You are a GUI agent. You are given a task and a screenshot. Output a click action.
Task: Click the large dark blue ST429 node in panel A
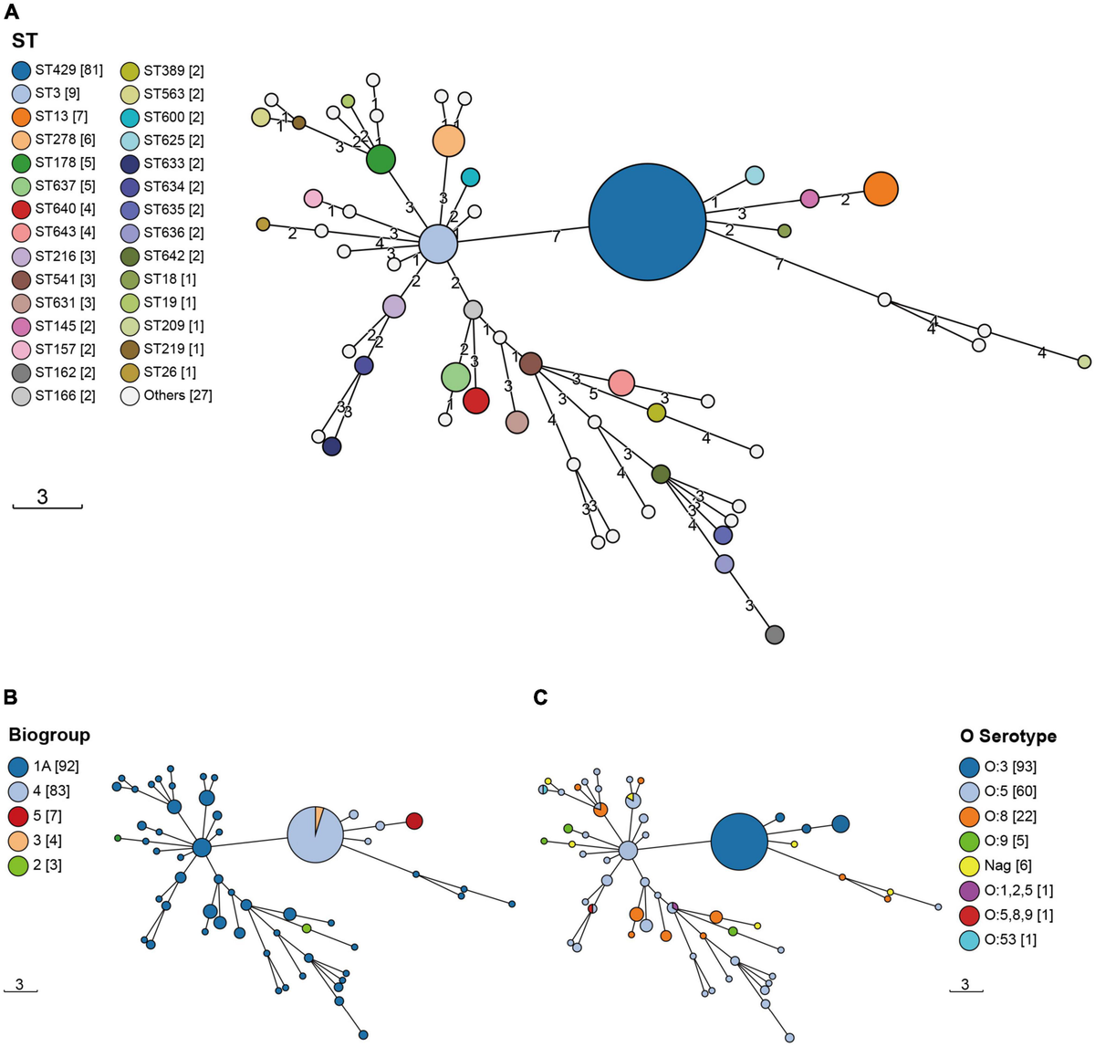[x=647, y=222]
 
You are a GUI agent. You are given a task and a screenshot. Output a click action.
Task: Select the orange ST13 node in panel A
[x=881, y=189]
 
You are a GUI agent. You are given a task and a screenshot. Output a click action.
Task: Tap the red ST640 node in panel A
[x=476, y=401]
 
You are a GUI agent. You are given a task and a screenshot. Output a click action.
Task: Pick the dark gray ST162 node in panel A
[x=775, y=634]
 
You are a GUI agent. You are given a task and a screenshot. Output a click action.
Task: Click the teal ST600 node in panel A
[x=471, y=177]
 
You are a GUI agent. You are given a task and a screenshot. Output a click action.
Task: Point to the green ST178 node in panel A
[x=381, y=160]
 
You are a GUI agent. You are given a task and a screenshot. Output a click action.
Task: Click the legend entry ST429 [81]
[x=57, y=70]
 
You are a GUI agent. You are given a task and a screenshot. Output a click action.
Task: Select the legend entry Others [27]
[x=167, y=396]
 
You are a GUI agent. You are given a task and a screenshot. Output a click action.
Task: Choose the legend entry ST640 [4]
[x=53, y=209]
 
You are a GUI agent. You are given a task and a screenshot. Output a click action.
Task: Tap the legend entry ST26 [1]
[x=158, y=372]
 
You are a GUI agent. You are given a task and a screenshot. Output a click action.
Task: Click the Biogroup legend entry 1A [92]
[x=44, y=766]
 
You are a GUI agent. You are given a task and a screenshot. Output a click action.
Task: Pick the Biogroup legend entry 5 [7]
[x=36, y=816]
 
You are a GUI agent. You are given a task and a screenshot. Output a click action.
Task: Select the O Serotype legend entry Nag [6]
[x=996, y=865]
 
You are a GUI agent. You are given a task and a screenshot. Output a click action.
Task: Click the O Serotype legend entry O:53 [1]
[x=997, y=939]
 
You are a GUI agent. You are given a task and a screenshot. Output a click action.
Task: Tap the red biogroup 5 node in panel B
[x=414, y=821]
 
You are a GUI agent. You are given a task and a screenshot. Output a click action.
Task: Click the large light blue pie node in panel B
[x=315, y=834]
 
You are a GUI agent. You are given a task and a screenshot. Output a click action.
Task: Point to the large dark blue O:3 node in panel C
[x=739, y=842]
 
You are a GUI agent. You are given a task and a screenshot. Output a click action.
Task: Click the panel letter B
[x=10, y=697]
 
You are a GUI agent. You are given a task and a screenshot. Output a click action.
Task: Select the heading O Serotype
[x=1008, y=737]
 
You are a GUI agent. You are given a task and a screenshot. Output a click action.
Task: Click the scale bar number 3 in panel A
[x=42, y=496]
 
